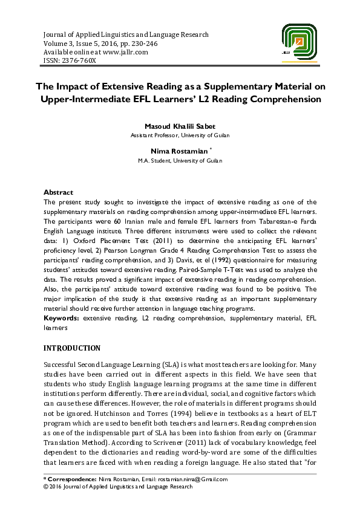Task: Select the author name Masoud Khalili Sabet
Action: coord(180,126)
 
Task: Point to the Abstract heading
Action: coord(58,192)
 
